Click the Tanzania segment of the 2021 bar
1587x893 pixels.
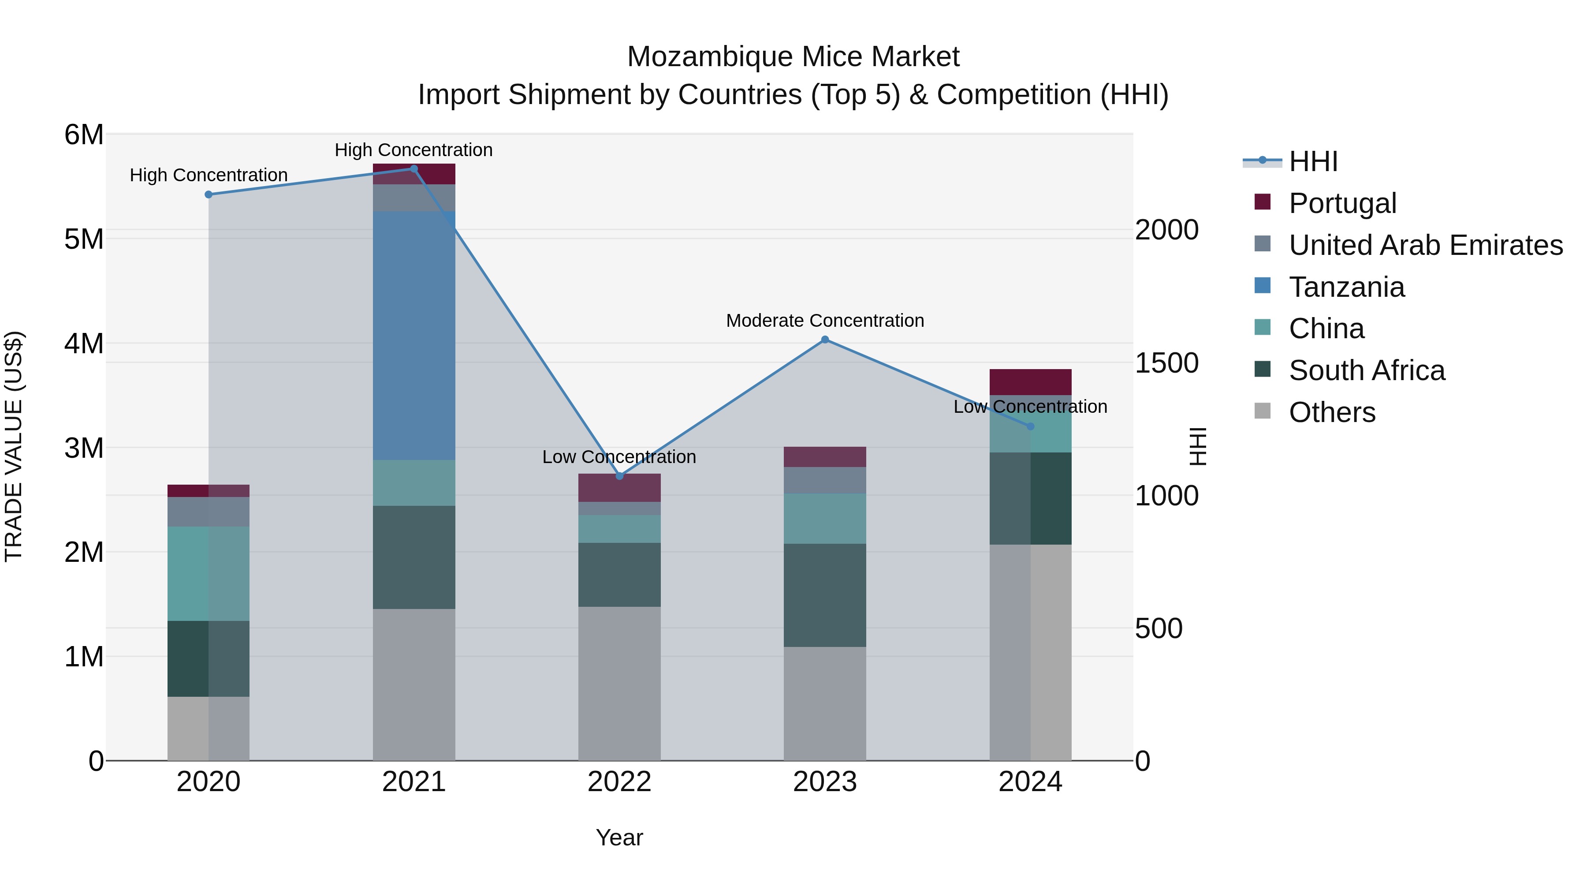(414, 336)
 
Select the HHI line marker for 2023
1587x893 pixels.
(825, 340)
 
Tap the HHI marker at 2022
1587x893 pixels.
(619, 476)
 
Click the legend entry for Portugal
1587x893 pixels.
(1342, 203)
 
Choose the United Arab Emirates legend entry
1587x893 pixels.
(1425, 245)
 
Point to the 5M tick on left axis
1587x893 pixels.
(84, 239)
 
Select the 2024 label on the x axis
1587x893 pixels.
(1030, 782)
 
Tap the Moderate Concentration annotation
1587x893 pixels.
(825, 321)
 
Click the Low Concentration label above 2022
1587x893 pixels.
(619, 457)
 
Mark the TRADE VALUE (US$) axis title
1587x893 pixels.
(14, 446)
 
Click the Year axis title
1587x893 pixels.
(619, 837)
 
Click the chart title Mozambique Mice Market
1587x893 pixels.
(793, 57)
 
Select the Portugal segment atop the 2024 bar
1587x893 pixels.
(1030, 382)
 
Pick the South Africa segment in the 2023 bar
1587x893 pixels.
(825, 595)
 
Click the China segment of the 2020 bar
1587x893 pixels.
(208, 573)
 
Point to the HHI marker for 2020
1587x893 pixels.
(208, 195)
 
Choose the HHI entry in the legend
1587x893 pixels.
(1312, 161)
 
